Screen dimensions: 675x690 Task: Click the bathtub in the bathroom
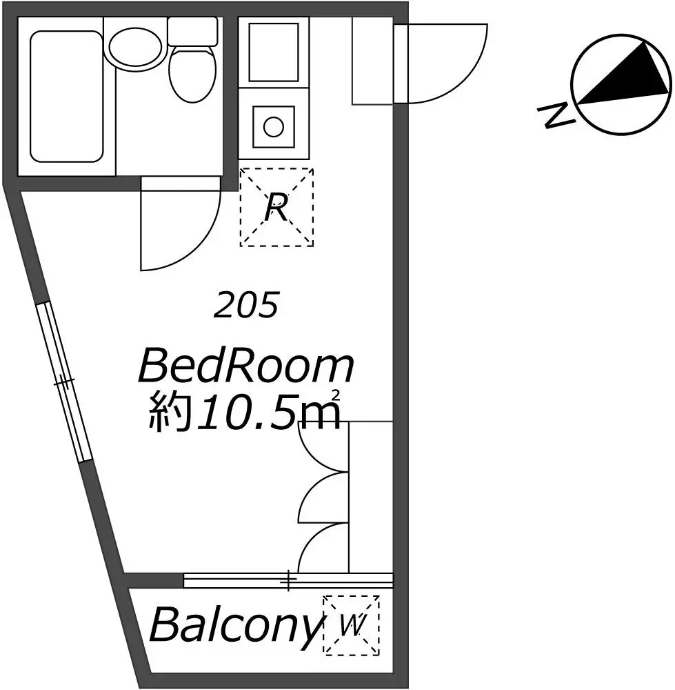[x=66, y=97]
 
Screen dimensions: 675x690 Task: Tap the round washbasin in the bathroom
[x=135, y=48]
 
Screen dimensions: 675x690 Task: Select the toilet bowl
[x=192, y=75]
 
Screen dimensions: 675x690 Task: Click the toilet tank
[x=193, y=31]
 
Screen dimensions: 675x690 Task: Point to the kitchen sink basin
[x=274, y=52]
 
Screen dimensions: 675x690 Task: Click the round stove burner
[x=274, y=127]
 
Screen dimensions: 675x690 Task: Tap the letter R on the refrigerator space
[x=276, y=208]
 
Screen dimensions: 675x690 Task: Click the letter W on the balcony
[x=352, y=625]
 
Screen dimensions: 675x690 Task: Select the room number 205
[x=246, y=305]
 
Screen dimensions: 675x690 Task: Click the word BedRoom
[x=246, y=365]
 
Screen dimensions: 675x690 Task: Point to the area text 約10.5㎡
[x=245, y=410]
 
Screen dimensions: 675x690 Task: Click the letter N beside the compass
[x=556, y=115]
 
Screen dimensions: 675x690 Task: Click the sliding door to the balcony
[x=288, y=580]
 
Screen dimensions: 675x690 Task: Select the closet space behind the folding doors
[x=371, y=497]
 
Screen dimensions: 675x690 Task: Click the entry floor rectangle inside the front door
[x=373, y=61]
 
